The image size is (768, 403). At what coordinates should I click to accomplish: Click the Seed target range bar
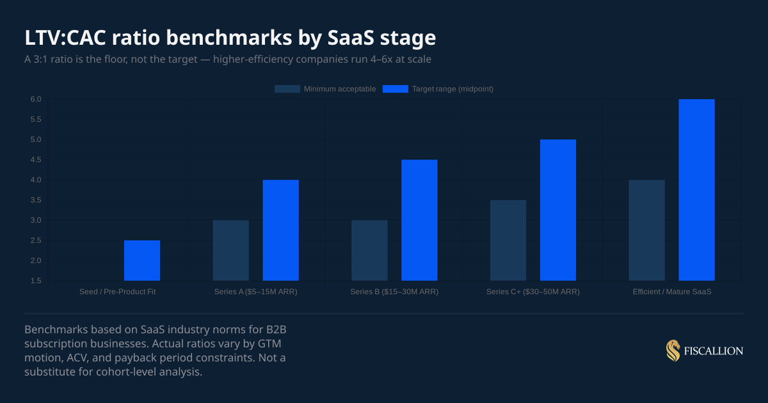pos(142,260)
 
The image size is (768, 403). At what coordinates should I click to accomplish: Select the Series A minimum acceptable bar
pos(230,250)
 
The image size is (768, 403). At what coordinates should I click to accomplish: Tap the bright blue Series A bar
pos(280,230)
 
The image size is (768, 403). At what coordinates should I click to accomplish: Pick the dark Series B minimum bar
pos(369,250)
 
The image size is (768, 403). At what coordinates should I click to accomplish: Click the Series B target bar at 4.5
pos(419,220)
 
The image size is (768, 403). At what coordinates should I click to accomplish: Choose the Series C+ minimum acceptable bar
pos(508,240)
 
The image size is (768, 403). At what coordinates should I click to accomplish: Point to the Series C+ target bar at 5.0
pos(558,210)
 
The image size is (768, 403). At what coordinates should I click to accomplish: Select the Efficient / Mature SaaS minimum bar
pos(646,230)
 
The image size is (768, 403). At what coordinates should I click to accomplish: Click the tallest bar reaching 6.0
pos(696,190)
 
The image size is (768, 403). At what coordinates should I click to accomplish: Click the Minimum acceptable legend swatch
pos(287,89)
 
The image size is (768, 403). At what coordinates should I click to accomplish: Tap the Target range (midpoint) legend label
pos(452,89)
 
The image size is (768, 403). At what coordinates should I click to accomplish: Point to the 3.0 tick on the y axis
pos(35,220)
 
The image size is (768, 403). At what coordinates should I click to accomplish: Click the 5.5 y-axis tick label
pos(35,120)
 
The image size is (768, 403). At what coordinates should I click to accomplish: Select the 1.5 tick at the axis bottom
pos(35,281)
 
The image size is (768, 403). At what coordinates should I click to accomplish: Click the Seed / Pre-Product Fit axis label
pos(118,292)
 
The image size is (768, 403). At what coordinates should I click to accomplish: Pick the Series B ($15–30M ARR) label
pos(394,292)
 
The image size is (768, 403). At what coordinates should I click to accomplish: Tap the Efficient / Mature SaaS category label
pos(672,292)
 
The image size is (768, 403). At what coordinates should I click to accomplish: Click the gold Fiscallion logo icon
pos(673,351)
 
